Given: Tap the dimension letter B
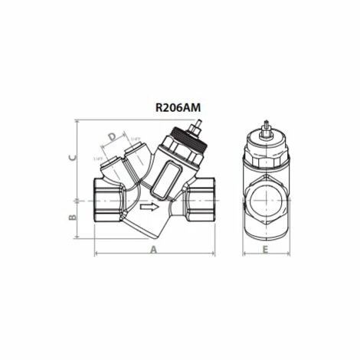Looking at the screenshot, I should pyautogui.click(x=72, y=217).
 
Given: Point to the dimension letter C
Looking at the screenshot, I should pyautogui.click(x=72, y=158).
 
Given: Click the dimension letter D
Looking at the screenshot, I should pyautogui.click(x=113, y=137).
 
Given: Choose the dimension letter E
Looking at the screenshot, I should pyautogui.click(x=265, y=250).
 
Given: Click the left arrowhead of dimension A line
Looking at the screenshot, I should pyautogui.click(x=97, y=254).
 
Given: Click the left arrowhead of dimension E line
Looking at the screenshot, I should pyautogui.click(x=244, y=254).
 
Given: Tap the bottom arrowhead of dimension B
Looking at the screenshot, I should pyautogui.click(x=77, y=236).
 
